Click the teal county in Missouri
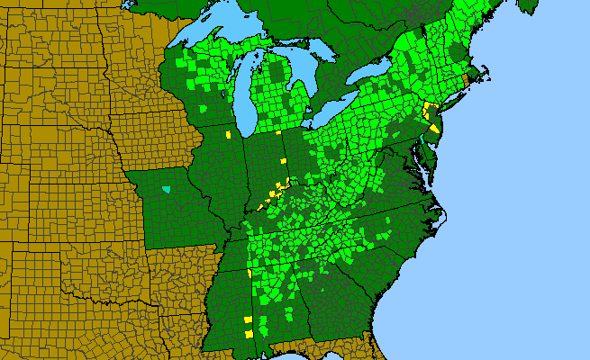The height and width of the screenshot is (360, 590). click(166, 190)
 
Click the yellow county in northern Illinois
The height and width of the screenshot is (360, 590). click(229, 135)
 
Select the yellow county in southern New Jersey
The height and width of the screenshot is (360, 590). click(434, 129)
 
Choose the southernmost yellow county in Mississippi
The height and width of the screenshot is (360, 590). click(249, 334)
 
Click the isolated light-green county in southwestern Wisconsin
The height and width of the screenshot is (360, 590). click(204, 109)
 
